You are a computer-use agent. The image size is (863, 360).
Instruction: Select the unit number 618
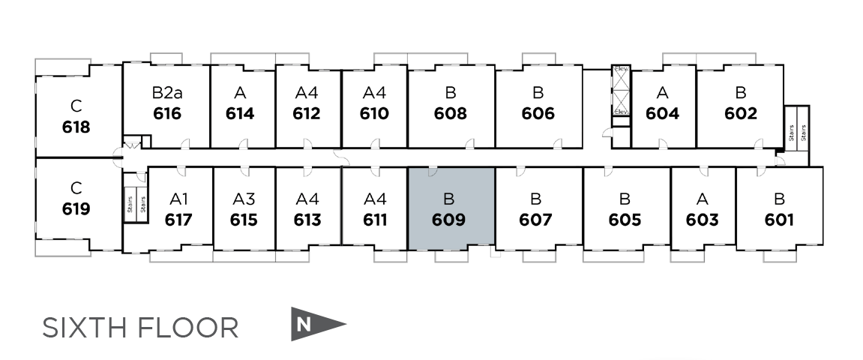click(x=76, y=127)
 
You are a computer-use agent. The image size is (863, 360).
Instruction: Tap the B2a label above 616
click(x=166, y=93)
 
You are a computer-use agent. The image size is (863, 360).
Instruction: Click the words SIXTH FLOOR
click(x=140, y=328)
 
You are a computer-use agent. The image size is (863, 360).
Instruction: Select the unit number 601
click(x=779, y=220)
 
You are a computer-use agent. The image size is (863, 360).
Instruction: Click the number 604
click(x=662, y=114)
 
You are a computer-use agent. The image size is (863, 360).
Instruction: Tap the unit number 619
click(x=76, y=208)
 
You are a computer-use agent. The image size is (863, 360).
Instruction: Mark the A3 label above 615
click(x=244, y=199)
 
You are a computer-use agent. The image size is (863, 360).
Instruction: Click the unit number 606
click(x=538, y=114)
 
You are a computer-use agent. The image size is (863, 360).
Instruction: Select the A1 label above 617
click(x=178, y=199)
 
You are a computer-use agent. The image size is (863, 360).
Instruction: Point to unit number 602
click(x=740, y=114)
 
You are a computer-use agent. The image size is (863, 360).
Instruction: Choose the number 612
click(x=307, y=114)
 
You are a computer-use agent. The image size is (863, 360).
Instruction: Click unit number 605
click(x=625, y=220)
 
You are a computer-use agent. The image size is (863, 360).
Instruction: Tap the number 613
click(x=307, y=220)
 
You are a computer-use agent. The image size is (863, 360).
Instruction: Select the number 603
click(x=702, y=220)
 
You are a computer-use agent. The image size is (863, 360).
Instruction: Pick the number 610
click(x=374, y=114)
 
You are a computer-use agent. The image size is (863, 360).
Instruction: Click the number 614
click(x=240, y=114)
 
